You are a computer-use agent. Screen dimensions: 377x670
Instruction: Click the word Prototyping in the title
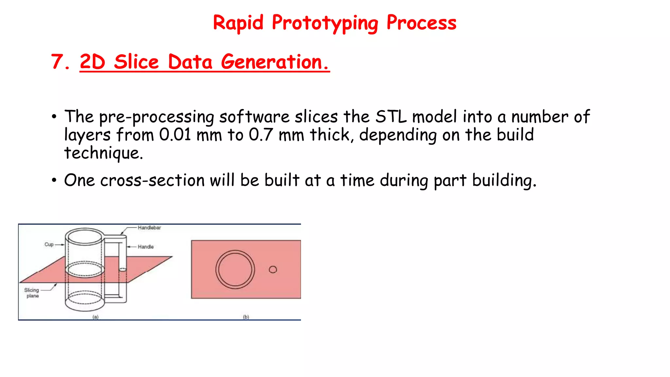tap(325, 23)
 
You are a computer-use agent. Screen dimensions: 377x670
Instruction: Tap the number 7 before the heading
tap(58, 62)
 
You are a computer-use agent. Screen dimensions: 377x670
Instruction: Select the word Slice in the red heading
tap(136, 62)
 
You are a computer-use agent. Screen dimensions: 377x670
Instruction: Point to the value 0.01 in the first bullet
tap(175, 135)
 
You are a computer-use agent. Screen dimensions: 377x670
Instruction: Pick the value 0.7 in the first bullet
tap(260, 135)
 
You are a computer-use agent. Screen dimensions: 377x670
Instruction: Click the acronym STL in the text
tap(391, 117)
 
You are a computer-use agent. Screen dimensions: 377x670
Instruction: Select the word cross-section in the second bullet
tap(152, 180)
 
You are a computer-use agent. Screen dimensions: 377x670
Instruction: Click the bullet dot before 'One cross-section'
tap(54, 180)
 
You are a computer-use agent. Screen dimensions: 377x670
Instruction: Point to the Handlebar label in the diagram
tap(149, 228)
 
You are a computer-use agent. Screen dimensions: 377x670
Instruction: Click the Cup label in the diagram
tap(49, 244)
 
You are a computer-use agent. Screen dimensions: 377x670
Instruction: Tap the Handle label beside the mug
tap(146, 247)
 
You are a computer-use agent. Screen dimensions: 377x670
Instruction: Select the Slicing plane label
tap(32, 293)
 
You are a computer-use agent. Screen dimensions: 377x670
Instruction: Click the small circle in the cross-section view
tap(273, 269)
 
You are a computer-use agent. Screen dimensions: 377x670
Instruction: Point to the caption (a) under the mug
tap(95, 317)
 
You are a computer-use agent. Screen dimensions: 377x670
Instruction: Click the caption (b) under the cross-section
tap(246, 317)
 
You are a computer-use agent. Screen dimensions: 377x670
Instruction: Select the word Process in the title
tap(421, 23)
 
